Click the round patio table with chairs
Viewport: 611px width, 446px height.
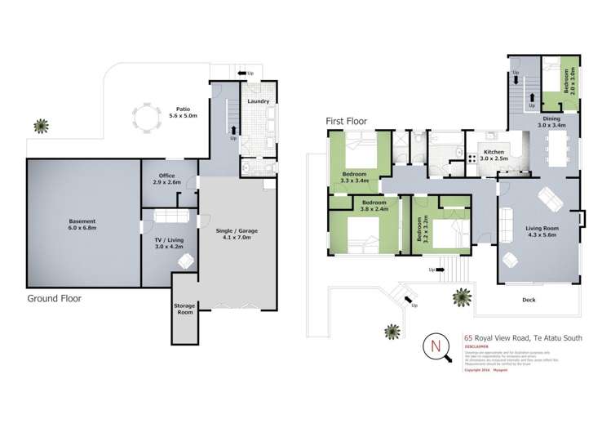click(148, 118)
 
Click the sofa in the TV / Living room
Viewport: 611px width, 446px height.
click(170, 216)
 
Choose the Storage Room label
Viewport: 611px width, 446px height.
click(184, 310)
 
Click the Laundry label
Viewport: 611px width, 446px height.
click(259, 102)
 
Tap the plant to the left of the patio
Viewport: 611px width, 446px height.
click(39, 126)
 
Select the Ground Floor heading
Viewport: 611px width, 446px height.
click(55, 298)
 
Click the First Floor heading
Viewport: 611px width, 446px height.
click(346, 121)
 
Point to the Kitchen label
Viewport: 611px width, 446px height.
click(494, 152)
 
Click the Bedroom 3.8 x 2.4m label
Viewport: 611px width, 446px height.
click(374, 205)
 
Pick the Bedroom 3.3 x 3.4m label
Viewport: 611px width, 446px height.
click(354, 178)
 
